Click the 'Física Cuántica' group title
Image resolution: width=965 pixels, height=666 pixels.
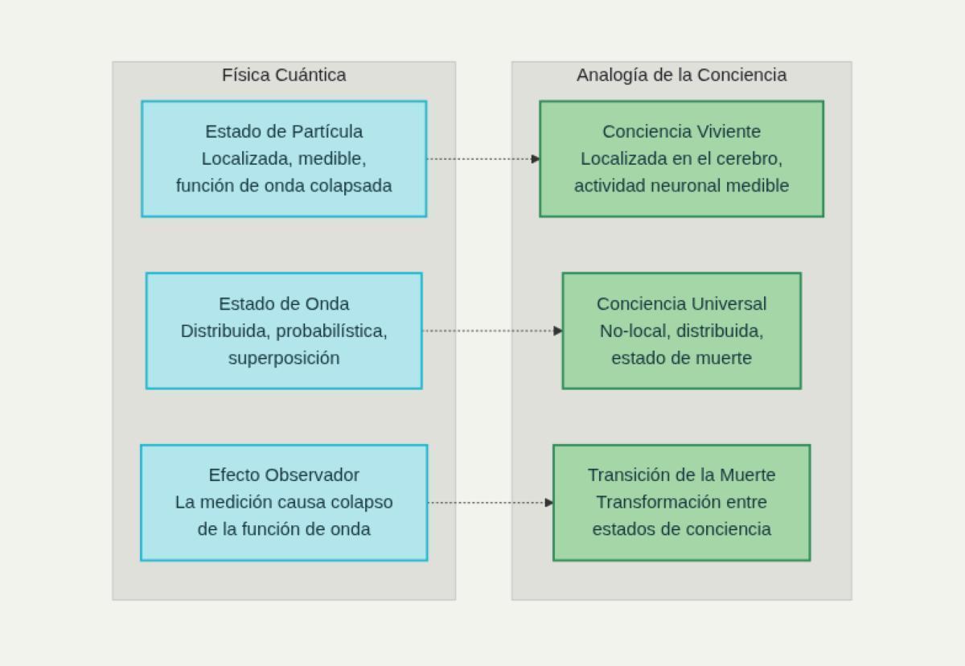[284, 75]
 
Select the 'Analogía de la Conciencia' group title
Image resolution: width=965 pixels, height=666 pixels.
[681, 75]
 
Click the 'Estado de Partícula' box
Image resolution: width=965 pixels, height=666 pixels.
[284, 158]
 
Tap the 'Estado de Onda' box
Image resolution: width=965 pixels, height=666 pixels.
[284, 331]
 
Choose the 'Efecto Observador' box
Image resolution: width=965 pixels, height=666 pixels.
[284, 502]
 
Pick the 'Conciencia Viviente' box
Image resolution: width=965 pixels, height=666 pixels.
[681, 158]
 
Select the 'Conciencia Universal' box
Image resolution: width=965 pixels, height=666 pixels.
[681, 331]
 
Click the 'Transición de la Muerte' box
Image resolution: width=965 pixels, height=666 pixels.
[681, 502]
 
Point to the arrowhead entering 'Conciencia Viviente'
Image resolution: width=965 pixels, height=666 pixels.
[536, 159]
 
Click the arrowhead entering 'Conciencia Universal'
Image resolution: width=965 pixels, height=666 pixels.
[558, 331]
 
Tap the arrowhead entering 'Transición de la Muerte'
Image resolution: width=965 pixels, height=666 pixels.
[549, 503]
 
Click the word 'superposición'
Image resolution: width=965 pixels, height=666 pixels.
[284, 358]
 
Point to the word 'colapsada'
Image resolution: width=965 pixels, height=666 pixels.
[355, 186]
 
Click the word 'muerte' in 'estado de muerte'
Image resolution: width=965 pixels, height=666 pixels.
[724, 358]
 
